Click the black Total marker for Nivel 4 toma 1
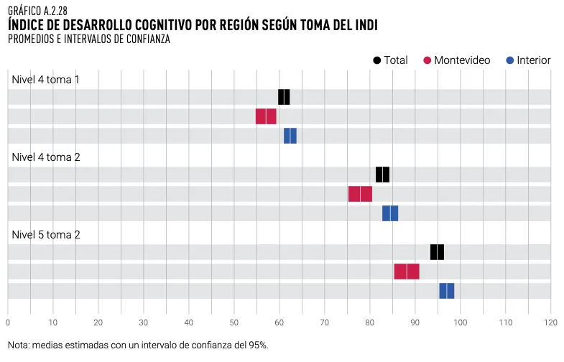tap(284, 97)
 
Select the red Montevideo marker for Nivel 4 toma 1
tap(266, 116)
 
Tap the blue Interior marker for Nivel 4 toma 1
tap(290, 136)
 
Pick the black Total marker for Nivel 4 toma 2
tap(382, 175)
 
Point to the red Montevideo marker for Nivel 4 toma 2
tap(360, 194)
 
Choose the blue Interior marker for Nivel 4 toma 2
tap(390, 213)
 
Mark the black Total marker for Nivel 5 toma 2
tap(437, 252)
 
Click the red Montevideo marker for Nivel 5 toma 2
tap(407, 271)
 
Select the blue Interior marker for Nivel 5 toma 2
tap(447, 291)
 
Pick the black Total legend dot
tap(377, 60)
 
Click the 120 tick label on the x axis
tap(551, 322)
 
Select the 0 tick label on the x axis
tap(7, 322)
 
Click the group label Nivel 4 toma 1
tap(45, 79)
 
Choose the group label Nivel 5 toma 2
tap(45, 234)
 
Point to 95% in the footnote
tap(256, 345)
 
